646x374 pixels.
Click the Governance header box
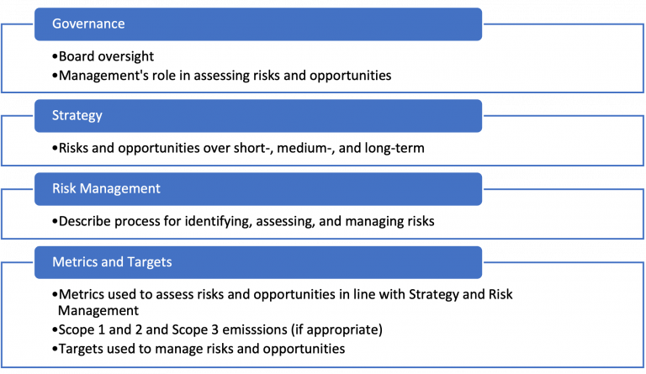[x=257, y=24]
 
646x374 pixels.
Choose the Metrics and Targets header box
[x=257, y=261]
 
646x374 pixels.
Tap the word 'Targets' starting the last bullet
[x=82, y=348]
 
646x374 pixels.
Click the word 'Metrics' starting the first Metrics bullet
[x=82, y=295]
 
